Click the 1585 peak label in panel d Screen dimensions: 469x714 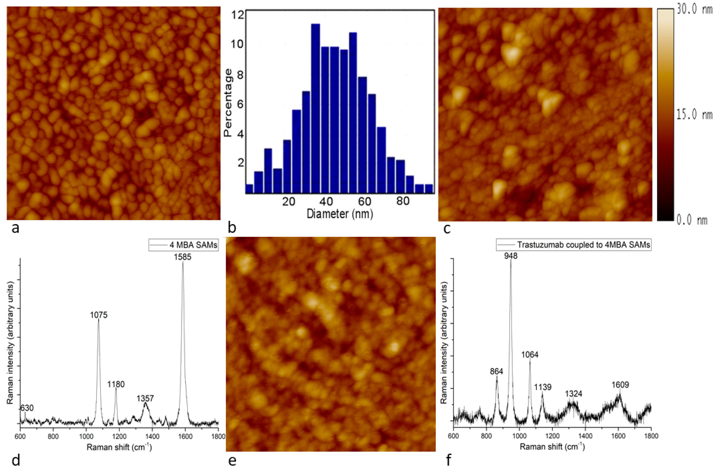pos(182,257)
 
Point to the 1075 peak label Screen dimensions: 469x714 pos(99,315)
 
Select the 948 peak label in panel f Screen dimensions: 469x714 pos(511,256)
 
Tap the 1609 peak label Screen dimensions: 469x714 pos(620,385)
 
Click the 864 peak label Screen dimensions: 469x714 pos(496,372)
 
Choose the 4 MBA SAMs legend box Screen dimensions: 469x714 pos(183,245)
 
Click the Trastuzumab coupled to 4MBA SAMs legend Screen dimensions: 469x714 pos(573,245)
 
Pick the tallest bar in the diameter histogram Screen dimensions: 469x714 pos(315,108)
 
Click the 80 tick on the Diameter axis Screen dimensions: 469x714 pos(403,201)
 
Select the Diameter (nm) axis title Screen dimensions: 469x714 pos(340,214)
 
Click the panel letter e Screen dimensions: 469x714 pos(232,460)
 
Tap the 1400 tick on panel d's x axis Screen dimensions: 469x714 pos(152,436)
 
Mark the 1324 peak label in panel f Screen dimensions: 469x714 pos(573,394)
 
